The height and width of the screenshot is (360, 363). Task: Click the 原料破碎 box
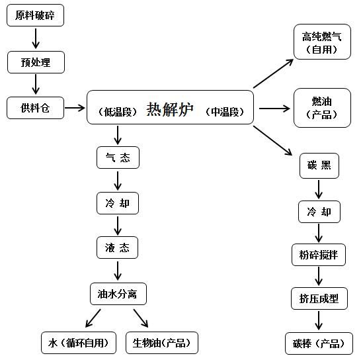[35, 15]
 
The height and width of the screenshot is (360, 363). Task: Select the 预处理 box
[36, 62]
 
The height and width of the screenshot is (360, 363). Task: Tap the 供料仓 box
[35, 108]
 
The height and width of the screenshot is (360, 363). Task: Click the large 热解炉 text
[170, 109]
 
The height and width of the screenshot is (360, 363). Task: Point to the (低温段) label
[118, 112]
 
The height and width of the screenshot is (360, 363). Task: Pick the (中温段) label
[225, 112]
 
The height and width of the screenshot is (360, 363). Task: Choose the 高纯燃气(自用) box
[322, 42]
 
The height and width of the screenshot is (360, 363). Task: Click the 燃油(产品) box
[322, 108]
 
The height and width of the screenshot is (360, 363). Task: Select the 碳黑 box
[319, 165]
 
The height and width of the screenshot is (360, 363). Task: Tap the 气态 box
[118, 157]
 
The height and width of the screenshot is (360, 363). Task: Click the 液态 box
[117, 247]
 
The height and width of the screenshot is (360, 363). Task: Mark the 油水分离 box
[118, 294]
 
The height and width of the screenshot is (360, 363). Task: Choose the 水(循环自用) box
[79, 343]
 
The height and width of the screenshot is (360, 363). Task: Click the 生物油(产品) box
[162, 343]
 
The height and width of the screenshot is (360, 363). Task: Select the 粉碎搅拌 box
[319, 255]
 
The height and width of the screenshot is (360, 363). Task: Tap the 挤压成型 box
[319, 298]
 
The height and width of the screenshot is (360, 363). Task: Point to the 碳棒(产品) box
[319, 343]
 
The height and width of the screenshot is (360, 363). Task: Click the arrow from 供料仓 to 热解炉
[75, 108]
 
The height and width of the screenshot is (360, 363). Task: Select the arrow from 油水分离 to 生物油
[141, 318]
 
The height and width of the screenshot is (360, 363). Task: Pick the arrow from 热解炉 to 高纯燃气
[274, 73]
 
